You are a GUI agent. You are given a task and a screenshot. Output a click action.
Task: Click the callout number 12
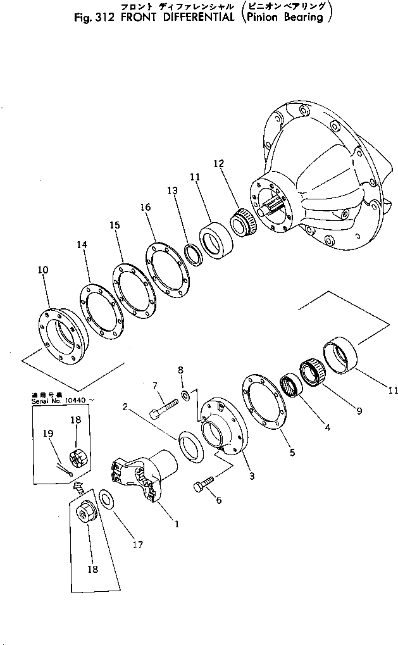coord(218,163)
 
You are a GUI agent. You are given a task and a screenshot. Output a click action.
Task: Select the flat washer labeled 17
coord(107,499)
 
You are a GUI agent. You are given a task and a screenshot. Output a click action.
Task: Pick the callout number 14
coord(81,244)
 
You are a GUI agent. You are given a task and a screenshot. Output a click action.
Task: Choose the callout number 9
coord(359,411)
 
